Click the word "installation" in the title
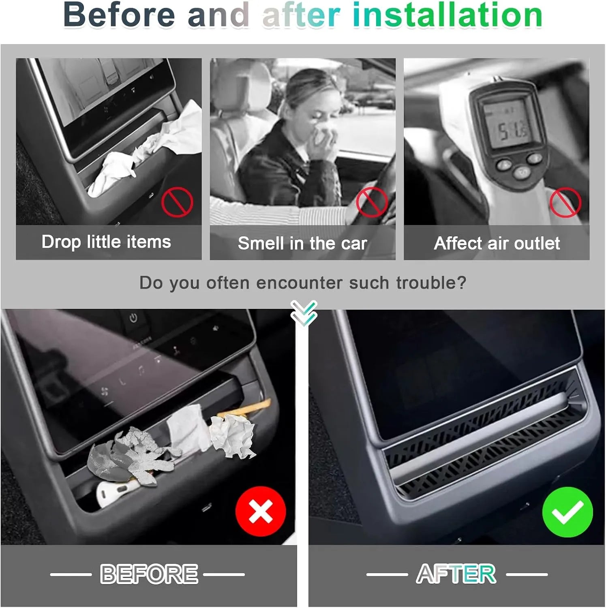(x=448, y=15)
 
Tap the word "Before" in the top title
(x=119, y=15)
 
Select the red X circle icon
(x=261, y=512)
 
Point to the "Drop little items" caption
(x=106, y=242)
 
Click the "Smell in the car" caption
(x=302, y=243)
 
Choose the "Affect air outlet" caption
(x=497, y=243)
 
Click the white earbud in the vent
(x=112, y=491)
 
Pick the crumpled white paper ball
(x=233, y=436)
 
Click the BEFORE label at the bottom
(x=149, y=574)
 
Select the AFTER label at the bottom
(x=456, y=574)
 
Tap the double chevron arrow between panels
(x=304, y=313)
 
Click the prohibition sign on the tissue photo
(x=177, y=202)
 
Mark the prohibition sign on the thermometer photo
(x=565, y=202)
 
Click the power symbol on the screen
(x=133, y=318)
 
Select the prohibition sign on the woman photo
(x=372, y=202)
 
